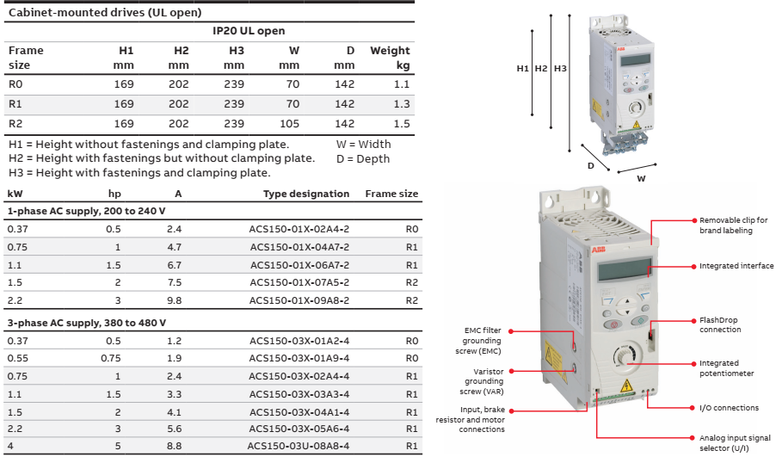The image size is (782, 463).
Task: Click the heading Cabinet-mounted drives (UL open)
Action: [x=105, y=13]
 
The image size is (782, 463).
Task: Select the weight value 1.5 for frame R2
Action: [x=401, y=124]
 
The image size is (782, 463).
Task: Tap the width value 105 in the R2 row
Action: [x=289, y=124]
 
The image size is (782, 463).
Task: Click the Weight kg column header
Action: [x=390, y=58]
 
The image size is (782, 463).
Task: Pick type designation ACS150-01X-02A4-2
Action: [x=299, y=230]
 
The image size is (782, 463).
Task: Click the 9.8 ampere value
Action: [x=174, y=301]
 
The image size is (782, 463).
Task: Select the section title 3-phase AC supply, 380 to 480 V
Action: [x=86, y=322]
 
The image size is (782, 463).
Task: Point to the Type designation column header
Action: [x=306, y=194]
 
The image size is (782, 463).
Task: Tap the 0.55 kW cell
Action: [x=18, y=357]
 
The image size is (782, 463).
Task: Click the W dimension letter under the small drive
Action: [x=641, y=178]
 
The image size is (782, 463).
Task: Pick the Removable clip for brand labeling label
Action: [x=733, y=225]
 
